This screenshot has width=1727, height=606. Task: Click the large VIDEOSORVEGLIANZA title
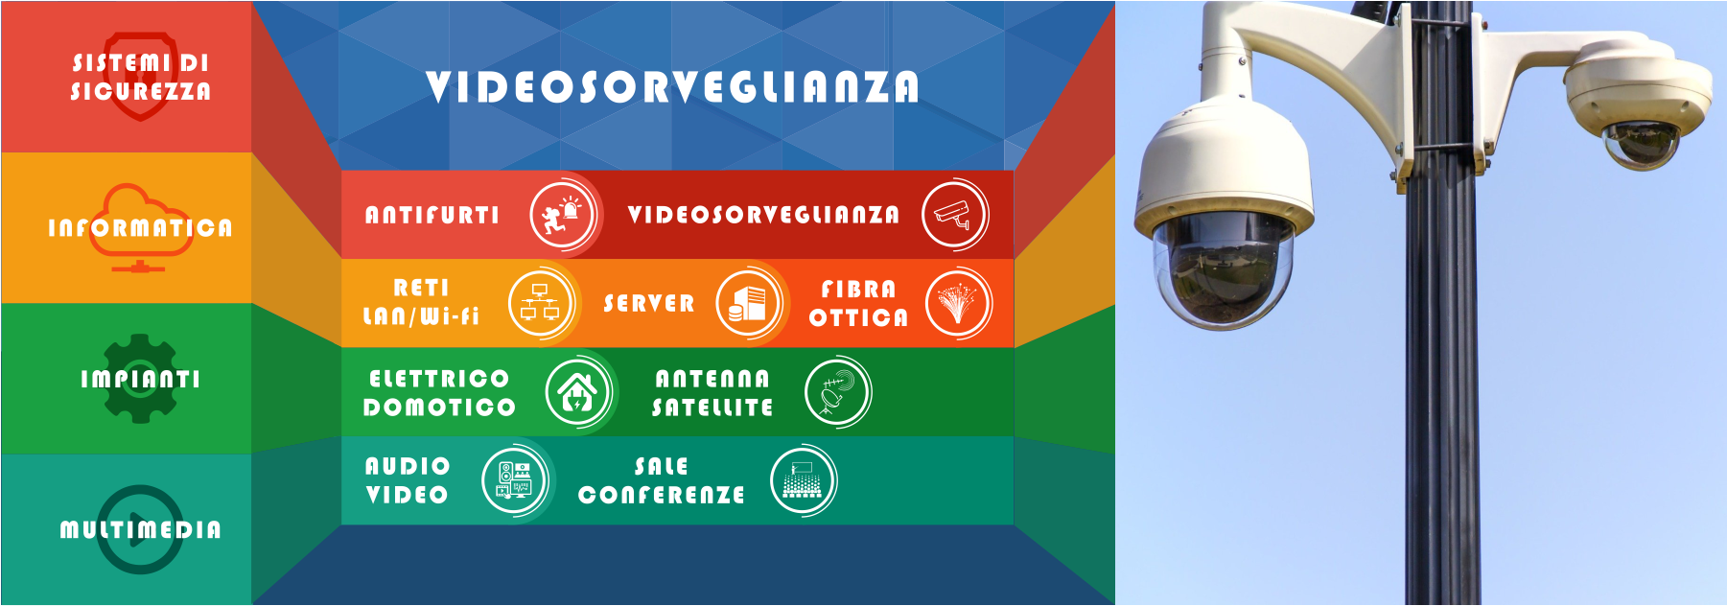tap(672, 86)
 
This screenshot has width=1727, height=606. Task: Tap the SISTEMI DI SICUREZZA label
tap(141, 77)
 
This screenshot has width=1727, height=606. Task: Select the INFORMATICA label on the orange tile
tap(140, 228)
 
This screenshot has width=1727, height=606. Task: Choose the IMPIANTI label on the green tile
tap(140, 379)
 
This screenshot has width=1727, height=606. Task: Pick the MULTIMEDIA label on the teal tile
tap(140, 529)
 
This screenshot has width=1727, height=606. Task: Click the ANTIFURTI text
tap(432, 215)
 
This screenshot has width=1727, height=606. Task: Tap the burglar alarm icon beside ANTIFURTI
tap(563, 215)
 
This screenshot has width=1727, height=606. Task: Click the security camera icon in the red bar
tap(954, 215)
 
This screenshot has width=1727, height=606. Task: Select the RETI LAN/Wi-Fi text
tap(421, 302)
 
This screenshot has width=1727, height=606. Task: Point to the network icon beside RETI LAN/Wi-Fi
tap(540, 303)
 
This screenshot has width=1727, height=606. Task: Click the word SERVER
tap(648, 303)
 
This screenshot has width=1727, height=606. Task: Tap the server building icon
tap(748, 303)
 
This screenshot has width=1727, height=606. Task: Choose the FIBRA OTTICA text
tap(857, 303)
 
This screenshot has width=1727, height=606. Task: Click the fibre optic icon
tap(957, 303)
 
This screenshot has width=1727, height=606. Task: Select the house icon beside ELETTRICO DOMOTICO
tap(578, 392)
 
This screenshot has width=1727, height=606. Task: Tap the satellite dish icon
tap(837, 392)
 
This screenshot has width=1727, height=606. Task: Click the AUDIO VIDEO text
tap(408, 480)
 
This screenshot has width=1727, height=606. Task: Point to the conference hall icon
tap(804, 480)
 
